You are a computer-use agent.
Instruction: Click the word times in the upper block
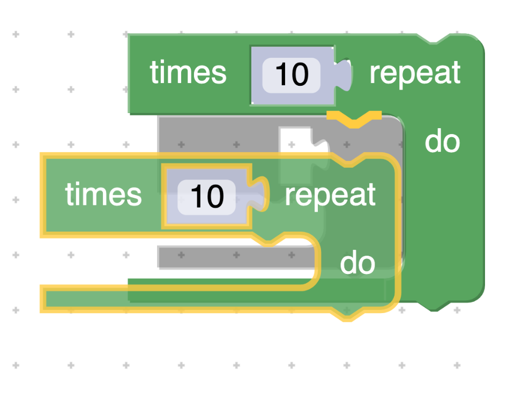(x=188, y=73)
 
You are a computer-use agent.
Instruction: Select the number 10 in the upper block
(x=292, y=73)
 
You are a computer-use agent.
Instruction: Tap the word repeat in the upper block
(x=415, y=73)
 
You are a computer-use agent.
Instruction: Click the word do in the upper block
(x=442, y=142)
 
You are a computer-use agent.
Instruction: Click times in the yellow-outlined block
(x=103, y=194)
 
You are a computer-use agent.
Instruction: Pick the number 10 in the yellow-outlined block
(x=206, y=196)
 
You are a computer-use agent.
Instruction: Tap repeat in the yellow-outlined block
(x=330, y=195)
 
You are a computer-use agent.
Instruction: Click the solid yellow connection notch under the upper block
(x=354, y=119)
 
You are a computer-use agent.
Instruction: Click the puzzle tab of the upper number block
(x=345, y=75)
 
